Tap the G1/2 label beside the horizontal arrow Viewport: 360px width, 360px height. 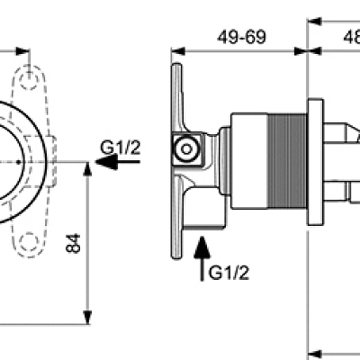tap(121, 148)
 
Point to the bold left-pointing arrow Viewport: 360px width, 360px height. tap(105, 163)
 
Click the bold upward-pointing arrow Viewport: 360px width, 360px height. tap(202, 248)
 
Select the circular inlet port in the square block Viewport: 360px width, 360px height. tap(187, 148)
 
